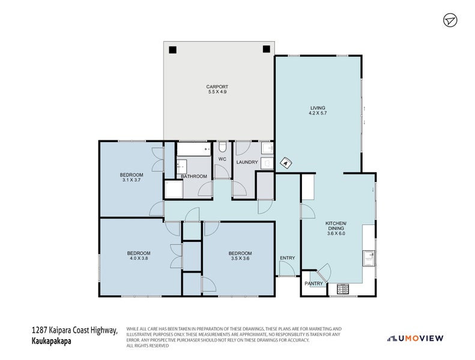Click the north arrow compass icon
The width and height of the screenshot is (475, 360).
[450, 20]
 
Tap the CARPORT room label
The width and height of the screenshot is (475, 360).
[217, 86]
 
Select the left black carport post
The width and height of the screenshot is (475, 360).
[172, 49]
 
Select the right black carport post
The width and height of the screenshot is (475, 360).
[266, 49]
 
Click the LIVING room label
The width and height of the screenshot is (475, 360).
[318, 108]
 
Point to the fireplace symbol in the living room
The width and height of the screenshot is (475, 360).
[286, 163]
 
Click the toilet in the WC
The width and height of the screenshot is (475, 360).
[222, 147]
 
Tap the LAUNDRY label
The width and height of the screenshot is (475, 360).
[247, 162]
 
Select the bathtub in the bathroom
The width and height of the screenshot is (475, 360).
[193, 149]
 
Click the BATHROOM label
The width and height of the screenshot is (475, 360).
[194, 176]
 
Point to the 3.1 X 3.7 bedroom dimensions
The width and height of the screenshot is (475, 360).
[132, 180]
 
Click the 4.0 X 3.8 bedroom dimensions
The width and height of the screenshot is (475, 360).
[139, 258]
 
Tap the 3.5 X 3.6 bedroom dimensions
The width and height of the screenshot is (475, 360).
[240, 258]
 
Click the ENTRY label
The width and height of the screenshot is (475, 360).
[288, 258]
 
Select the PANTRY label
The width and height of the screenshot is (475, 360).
[314, 284]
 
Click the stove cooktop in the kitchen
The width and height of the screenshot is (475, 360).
[343, 289]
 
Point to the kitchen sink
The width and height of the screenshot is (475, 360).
[369, 259]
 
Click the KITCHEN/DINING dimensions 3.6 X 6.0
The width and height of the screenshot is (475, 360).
[336, 233]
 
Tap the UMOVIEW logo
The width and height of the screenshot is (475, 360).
[415, 338]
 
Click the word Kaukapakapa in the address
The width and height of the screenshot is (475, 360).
[52, 341]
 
